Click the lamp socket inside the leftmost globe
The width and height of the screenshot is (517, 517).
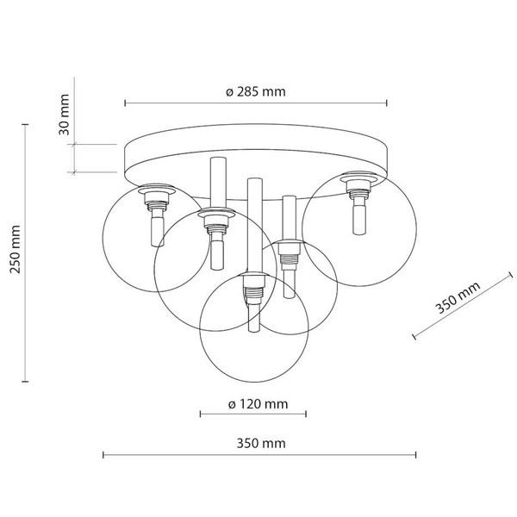click(155, 201)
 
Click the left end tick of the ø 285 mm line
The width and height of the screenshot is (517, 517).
click(126, 103)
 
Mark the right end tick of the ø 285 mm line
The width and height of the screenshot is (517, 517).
click(387, 103)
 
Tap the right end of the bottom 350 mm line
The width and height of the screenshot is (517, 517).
click(416, 454)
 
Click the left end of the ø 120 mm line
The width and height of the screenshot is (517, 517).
click(201, 414)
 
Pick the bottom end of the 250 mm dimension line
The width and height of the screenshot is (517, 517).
click(24, 380)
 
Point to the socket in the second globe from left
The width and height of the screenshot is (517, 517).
click(214, 224)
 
